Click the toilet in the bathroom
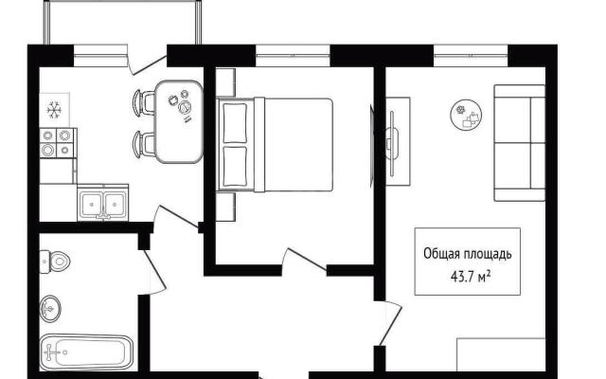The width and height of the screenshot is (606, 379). tap(55, 262)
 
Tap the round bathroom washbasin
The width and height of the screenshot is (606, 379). tap(50, 309)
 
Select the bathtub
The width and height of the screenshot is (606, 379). tap(86, 352)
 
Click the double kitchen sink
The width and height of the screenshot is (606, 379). tap(103, 204)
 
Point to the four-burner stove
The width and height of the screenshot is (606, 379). tap(58, 143)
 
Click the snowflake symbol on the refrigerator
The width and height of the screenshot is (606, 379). tap(55, 110)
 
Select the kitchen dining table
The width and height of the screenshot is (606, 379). tap(179, 121)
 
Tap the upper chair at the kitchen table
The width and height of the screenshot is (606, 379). tap(143, 102)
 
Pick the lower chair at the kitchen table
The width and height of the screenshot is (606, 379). tap(143, 144)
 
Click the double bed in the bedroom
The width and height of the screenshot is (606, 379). tap(275, 145)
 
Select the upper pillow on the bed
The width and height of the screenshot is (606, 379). tap(235, 122)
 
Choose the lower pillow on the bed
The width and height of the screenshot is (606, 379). tap(235, 166)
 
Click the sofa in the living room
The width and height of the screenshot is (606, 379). tap(520, 143)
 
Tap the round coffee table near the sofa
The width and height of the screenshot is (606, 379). tap(467, 115)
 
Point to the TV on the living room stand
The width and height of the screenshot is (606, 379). tap(392, 142)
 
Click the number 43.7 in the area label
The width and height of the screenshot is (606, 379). tap(463, 278)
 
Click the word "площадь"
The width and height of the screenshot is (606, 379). tap(488, 255)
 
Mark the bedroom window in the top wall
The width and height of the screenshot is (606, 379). tap(293, 56)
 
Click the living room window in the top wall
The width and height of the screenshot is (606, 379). tap(471, 56)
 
